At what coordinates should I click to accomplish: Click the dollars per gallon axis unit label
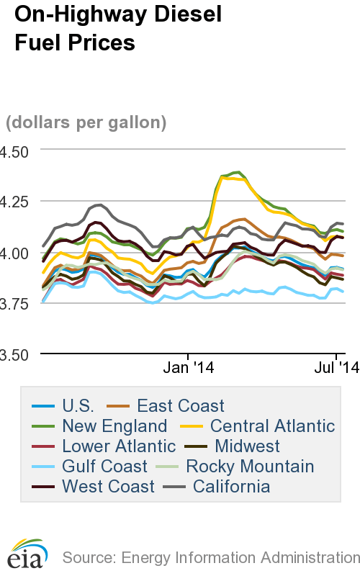coord(86,122)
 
